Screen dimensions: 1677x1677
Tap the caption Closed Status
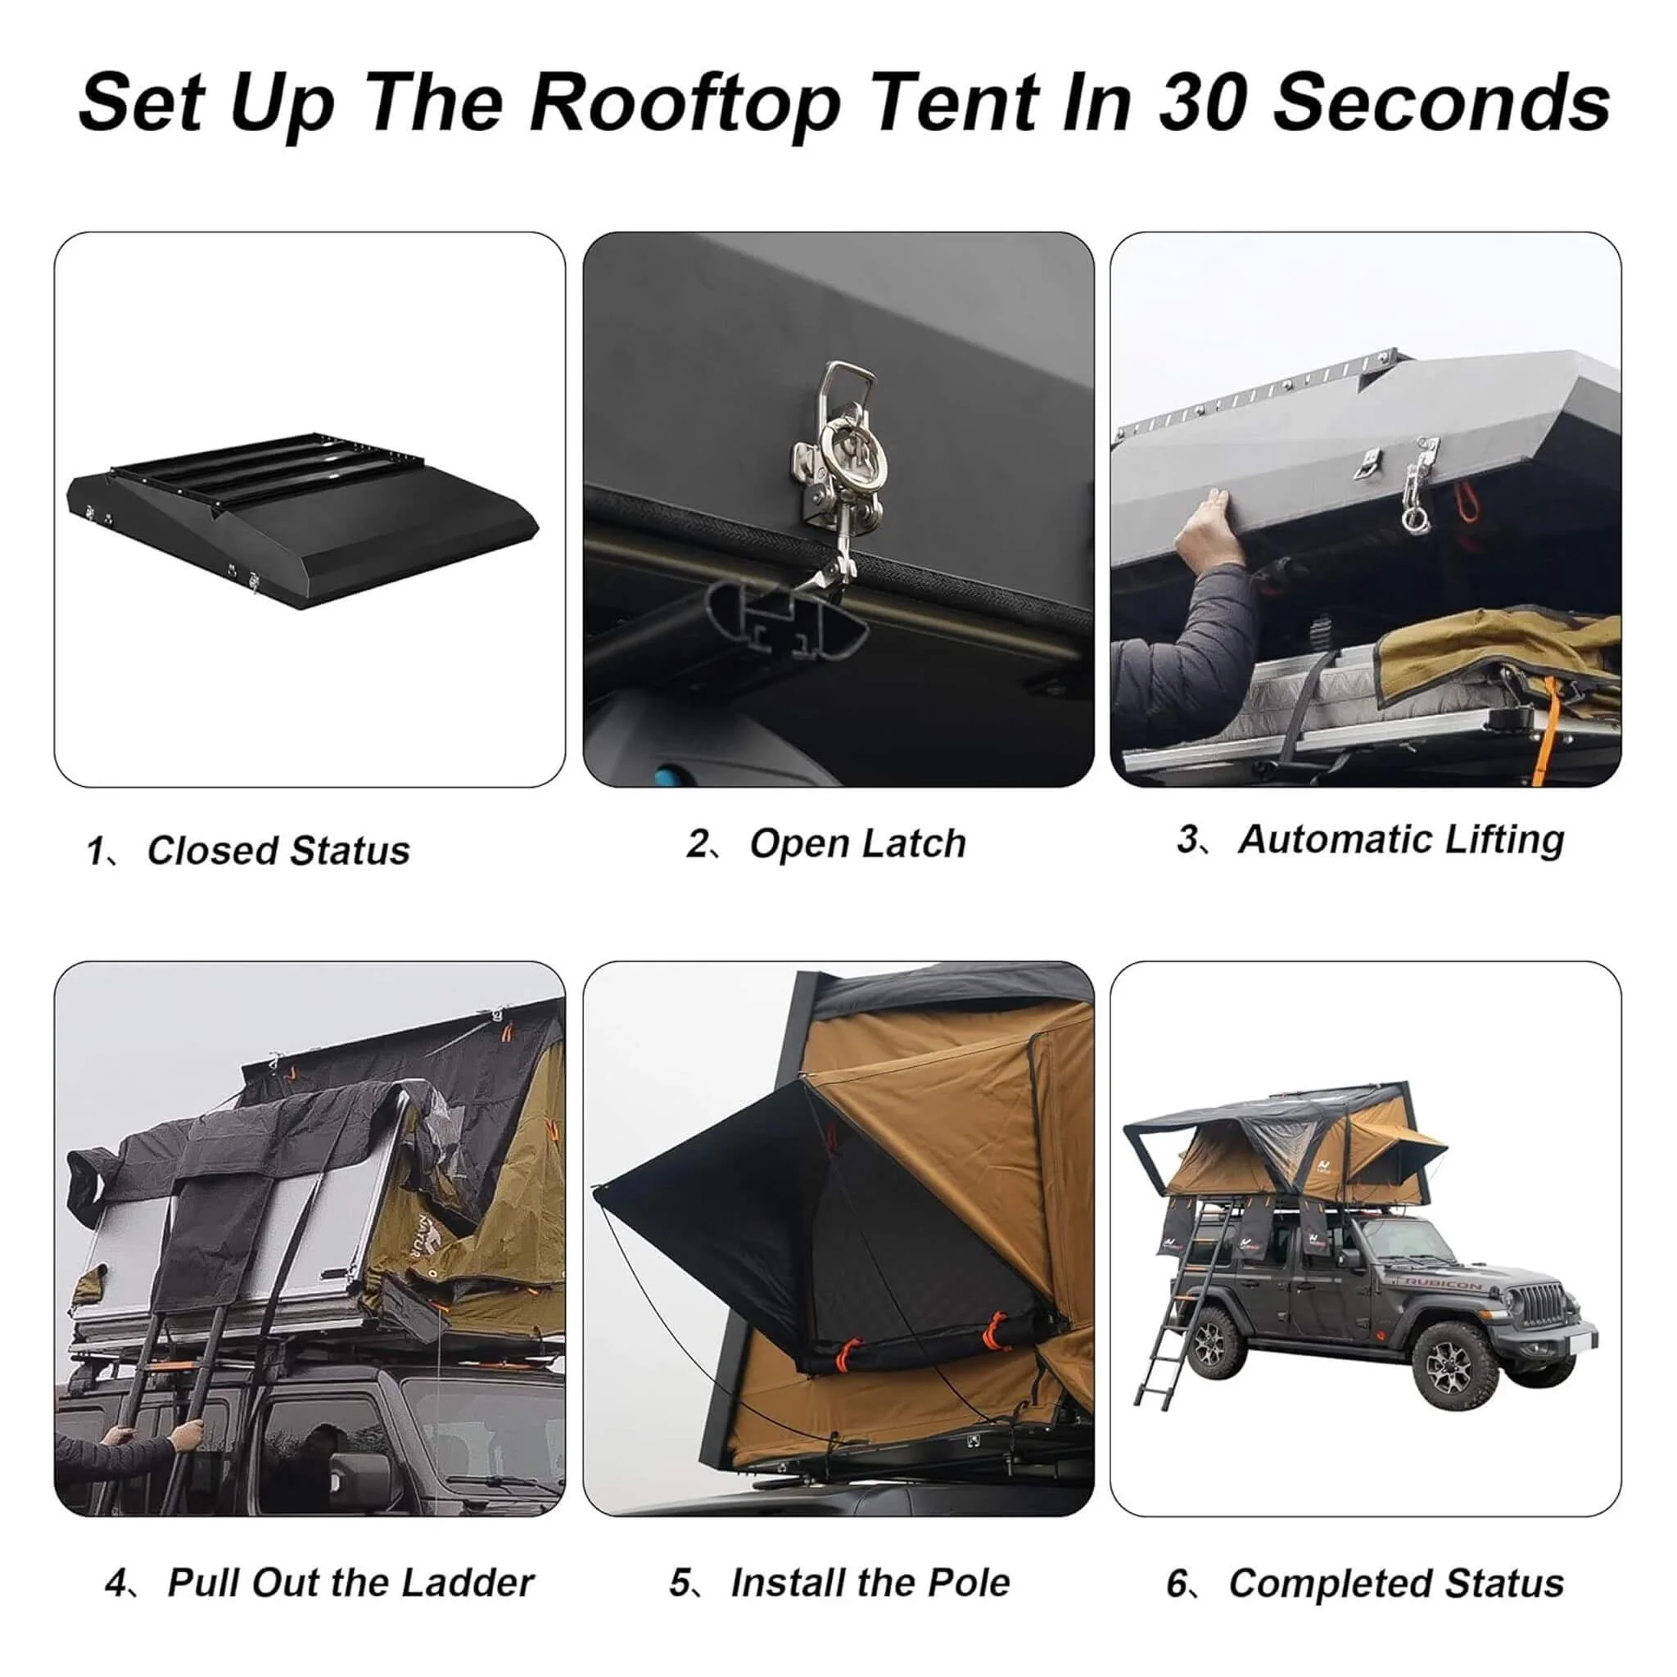[278, 851]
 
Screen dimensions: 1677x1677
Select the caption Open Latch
[857, 843]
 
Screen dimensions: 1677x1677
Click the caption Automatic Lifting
[1400, 839]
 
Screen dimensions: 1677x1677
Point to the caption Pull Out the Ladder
[350, 1582]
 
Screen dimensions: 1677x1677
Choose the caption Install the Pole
[870, 1582]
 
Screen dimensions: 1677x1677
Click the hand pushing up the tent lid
[1206, 525]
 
